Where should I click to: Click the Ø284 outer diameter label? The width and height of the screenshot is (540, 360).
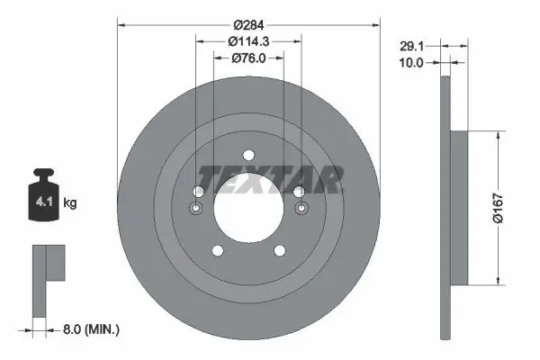click(248, 25)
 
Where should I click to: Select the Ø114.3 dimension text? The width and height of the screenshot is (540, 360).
click(248, 41)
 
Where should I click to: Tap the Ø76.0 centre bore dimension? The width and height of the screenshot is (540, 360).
click(248, 58)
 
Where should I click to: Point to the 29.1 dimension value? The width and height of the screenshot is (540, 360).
click(411, 46)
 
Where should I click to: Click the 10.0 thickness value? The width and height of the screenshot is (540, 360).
click(411, 63)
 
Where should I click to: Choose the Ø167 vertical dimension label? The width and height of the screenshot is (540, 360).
click(499, 208)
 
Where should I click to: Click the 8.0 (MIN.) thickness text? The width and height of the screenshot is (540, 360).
click(91, 329)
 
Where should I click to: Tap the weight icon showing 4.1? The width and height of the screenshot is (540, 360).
click(43, 194)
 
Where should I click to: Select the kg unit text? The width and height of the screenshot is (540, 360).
click(70, 202)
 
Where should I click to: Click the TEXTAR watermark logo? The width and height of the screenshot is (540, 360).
click(271, 179)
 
